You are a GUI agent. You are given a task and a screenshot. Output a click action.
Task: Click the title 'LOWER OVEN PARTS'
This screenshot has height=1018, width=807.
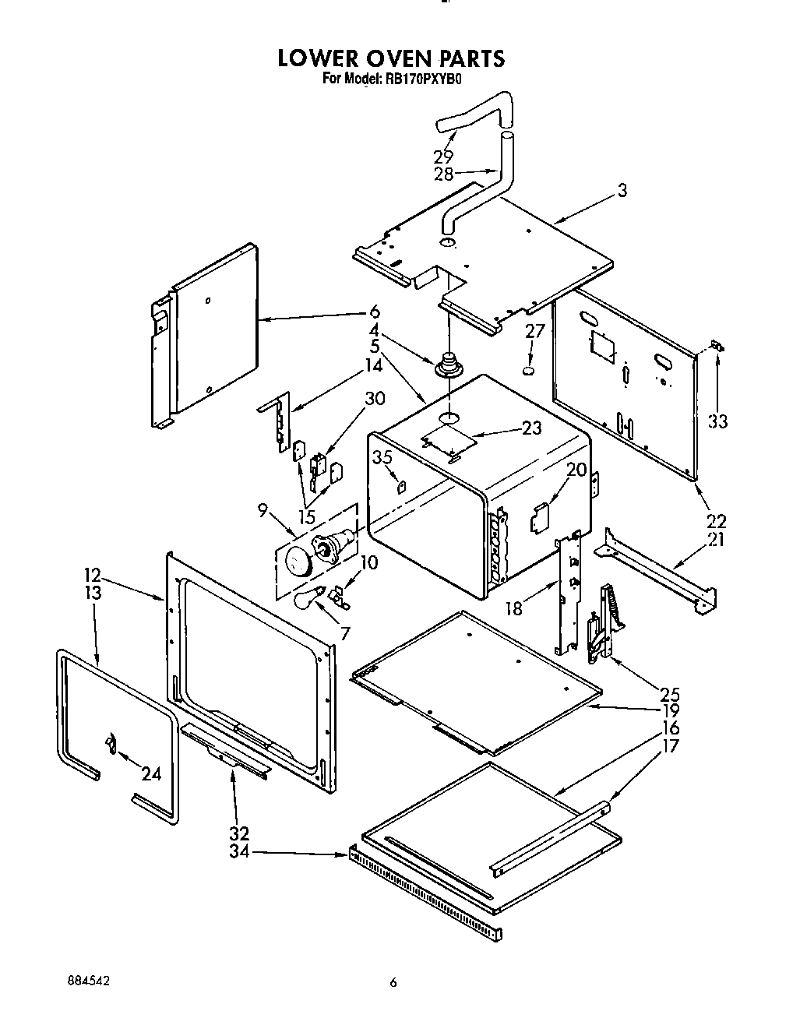click(391, 58)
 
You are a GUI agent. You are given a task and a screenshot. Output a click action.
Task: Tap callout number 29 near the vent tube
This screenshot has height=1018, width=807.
click(443, 156)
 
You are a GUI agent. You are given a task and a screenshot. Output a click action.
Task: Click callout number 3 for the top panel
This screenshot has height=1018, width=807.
click(622, 189)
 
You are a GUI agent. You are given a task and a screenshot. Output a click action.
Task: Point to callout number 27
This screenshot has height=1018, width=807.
click(534, 331)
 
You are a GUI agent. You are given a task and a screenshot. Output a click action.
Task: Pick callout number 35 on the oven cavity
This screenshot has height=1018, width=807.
click(382, 457)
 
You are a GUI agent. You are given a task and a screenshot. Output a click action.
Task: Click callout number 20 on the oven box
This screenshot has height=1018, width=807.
click(576, 470)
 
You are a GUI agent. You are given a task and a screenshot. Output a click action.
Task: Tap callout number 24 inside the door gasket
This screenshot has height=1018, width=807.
click(151, 773)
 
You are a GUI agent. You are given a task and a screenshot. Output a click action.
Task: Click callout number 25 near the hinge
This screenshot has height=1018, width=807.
click(669, 694)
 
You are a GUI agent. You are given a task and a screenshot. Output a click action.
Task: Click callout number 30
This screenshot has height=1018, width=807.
click(375, 399)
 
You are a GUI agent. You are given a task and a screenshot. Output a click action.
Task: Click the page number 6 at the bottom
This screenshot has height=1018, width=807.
click(394, 983)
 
